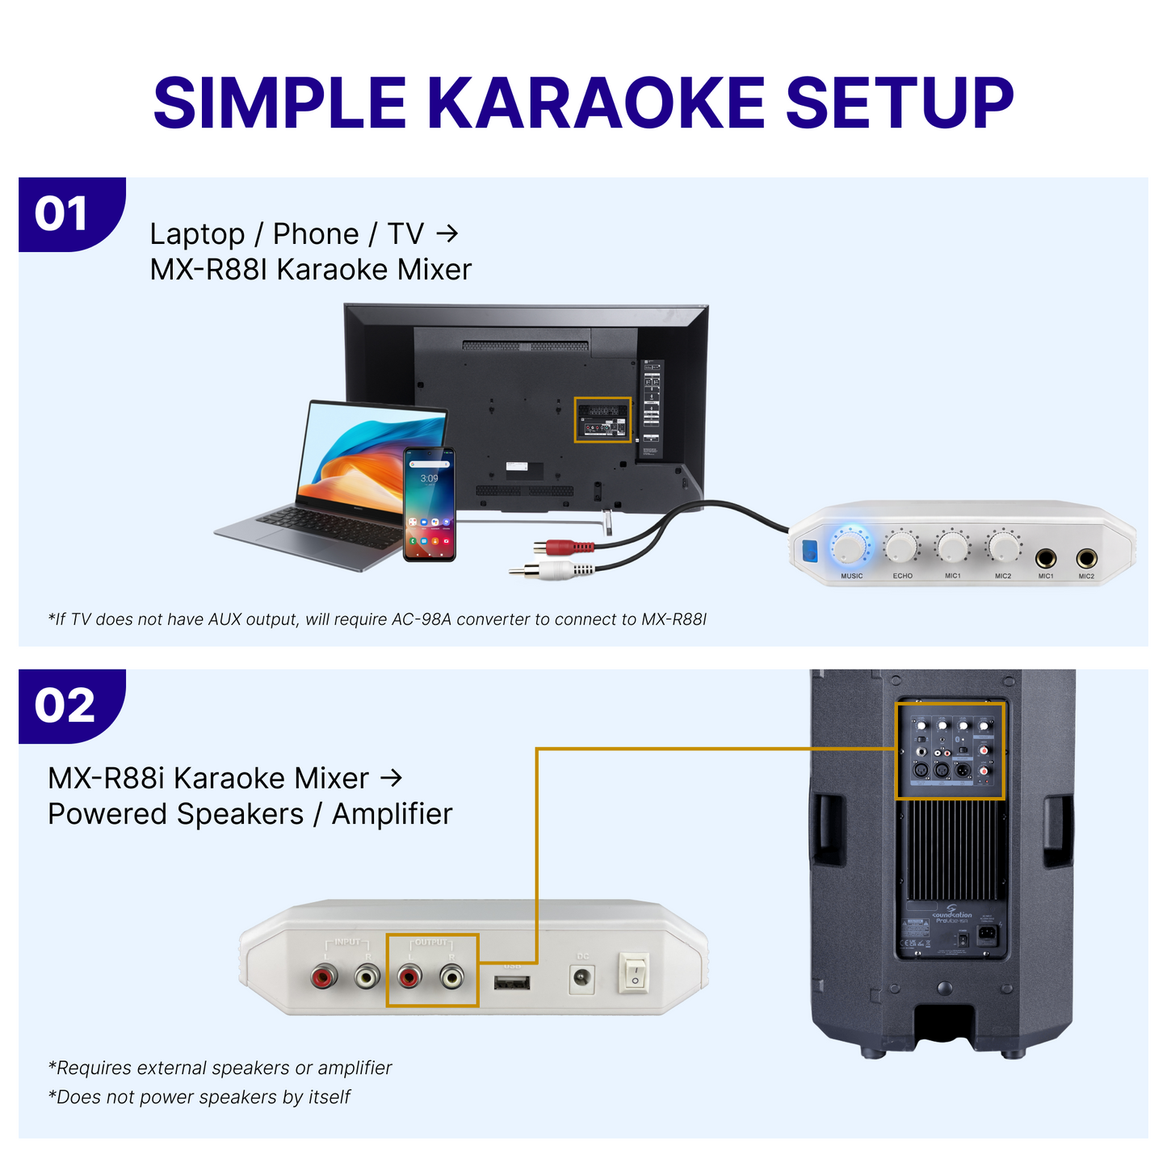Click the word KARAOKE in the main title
[x=595, y=103]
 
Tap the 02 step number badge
[x=65, y=706]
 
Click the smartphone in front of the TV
[x=430, y=504]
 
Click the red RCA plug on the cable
[x=561, y=548]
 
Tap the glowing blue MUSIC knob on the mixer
[x=850, y=547]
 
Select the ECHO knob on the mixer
[x=900, y=548]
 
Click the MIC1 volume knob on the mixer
[x=952, y=547]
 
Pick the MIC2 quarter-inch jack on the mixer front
[x=1086, y=558]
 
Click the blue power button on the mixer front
[x=809, y=551]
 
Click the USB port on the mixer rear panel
[x=512, y=983]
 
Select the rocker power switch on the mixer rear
[x=634, y=972]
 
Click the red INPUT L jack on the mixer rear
[x=324, y=979]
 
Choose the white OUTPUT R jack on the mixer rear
[x=451, y=979]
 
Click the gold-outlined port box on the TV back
[x=602, y=420]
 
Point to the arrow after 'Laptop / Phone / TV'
[x=447, y=234]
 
